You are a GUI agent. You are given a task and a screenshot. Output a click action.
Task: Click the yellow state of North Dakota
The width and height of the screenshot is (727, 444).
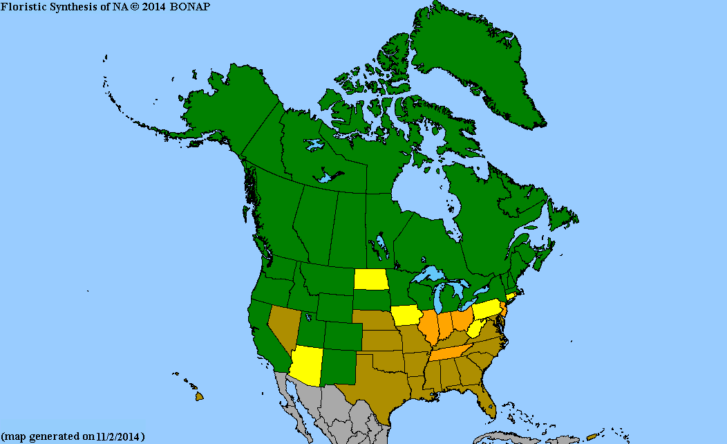tap(370, 279)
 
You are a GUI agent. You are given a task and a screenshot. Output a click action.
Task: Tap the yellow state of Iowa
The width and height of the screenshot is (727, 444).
tap(408, 315)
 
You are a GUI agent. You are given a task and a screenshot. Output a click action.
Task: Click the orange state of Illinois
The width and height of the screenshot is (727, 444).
tap(430, 328)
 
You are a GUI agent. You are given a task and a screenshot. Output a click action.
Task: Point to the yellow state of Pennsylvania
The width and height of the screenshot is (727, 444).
tap(487, 310)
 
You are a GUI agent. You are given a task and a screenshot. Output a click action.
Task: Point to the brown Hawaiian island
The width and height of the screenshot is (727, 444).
tap(199, 396)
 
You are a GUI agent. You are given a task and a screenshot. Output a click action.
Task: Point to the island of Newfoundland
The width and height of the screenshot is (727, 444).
tap(561, 214)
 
